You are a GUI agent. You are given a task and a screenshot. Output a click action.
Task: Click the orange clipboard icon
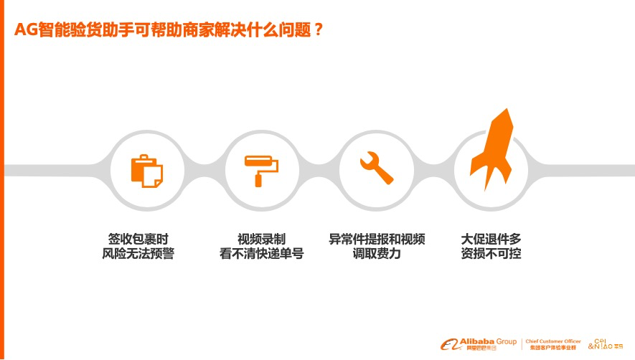tap(146, 171)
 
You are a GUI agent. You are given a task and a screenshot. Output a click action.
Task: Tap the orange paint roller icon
tap(261, 171)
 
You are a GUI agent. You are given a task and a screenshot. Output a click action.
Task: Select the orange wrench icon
tap(376, 168)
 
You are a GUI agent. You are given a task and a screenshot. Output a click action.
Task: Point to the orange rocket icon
tap(491, 149)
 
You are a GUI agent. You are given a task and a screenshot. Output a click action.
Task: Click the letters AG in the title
tap(26, 29)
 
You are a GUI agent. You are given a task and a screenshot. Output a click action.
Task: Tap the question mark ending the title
tap(319, 29)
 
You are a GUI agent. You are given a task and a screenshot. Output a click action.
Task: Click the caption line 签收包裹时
tap(138, 239)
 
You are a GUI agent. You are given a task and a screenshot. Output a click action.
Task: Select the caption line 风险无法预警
tap(138, 253)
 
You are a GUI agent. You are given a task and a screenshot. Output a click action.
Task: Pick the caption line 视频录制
tap(262, 239)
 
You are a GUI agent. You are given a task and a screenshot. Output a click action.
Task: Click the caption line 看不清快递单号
tap(262, 253)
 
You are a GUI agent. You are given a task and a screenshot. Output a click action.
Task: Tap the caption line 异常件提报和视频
tap(377, 239)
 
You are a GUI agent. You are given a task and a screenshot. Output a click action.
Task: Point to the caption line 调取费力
tap(377, 253)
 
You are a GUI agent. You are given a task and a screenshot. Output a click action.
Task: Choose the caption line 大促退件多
tap(491, 239)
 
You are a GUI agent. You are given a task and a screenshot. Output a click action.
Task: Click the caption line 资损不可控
tap(491, 253)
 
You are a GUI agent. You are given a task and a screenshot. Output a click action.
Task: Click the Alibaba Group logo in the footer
tap(479, 344)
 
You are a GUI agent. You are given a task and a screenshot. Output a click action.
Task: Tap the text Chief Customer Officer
tap(553, 341)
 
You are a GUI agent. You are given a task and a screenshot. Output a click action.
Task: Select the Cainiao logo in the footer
tap(606, 344)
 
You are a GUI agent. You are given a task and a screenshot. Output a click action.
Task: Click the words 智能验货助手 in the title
tap(86, 29)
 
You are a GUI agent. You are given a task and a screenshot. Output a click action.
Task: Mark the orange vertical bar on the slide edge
tap(2, 180)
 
